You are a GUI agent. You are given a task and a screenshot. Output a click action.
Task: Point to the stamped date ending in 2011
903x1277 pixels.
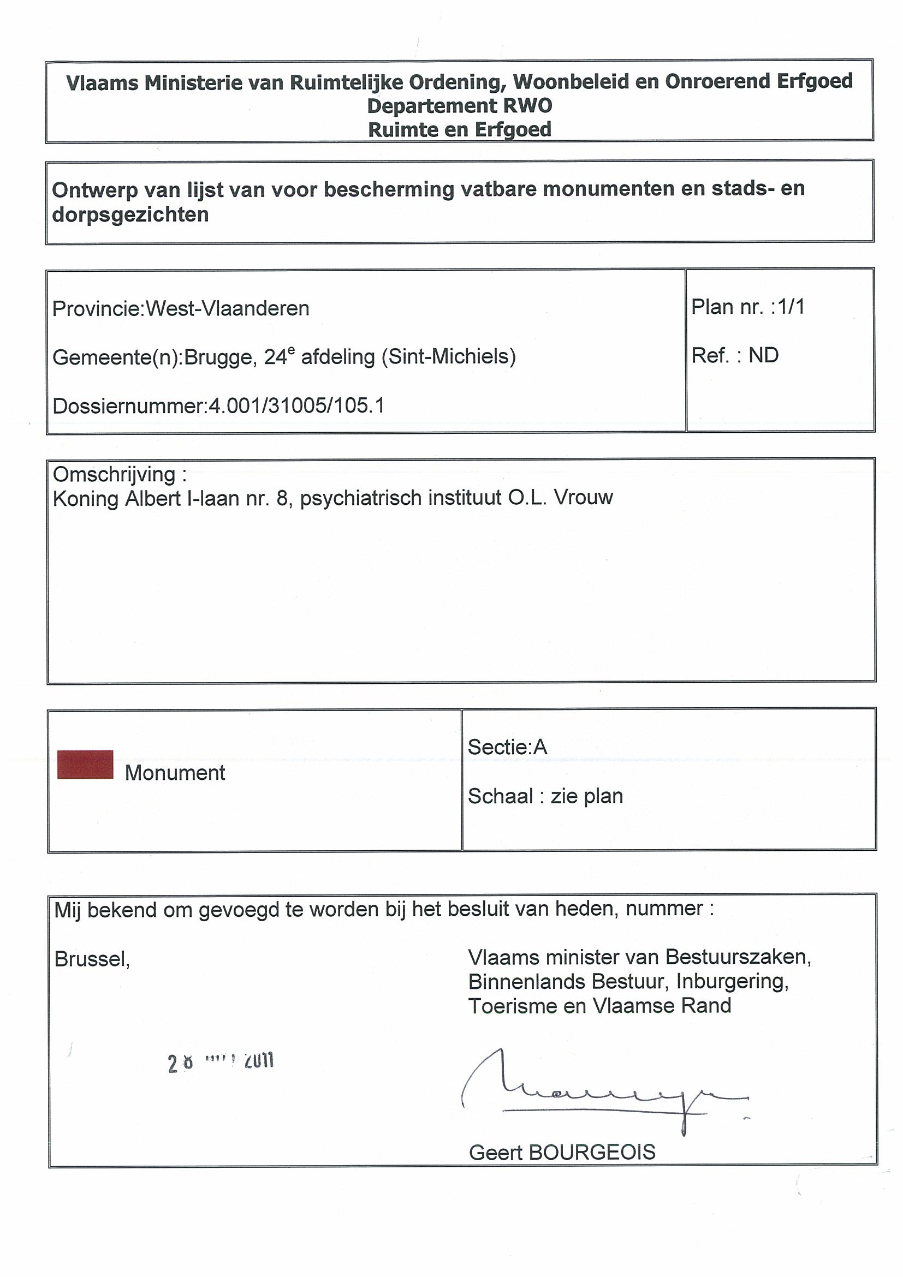tap(221, 1063)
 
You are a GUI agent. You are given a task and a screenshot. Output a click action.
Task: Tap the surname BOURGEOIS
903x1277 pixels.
tap(592, 1152)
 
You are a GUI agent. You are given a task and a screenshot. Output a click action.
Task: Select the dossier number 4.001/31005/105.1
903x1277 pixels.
tap(296, 406)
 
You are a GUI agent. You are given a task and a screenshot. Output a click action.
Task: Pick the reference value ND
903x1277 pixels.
tap(763, 355)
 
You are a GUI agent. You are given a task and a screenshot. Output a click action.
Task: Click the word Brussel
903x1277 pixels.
tap(92, 959)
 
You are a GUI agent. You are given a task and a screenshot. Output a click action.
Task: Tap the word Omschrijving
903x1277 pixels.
tap(114, 474)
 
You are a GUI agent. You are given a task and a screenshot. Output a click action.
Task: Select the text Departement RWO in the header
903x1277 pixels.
tap(459, 106)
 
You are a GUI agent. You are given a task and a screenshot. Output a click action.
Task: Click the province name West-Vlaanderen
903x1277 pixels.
tap(228, 308)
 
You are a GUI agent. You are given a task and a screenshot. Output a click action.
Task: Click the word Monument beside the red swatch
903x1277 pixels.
tap(175, 773)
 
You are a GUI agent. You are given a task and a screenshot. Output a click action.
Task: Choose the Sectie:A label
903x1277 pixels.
tap(507, 747)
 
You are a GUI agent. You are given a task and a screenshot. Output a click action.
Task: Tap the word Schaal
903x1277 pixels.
tap(500, 796)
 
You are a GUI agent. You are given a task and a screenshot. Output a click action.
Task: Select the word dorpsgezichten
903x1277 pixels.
tap(130, 214)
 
